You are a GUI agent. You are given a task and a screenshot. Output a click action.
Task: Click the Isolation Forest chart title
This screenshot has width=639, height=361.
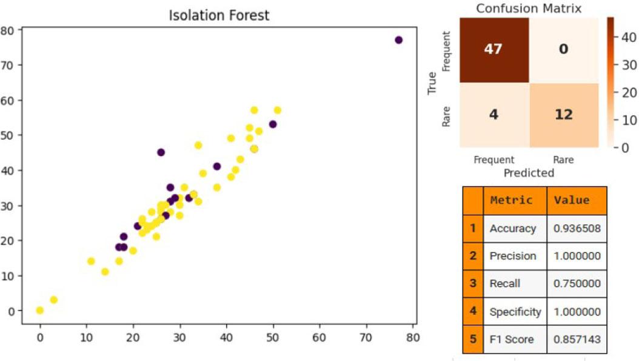click(219, 16)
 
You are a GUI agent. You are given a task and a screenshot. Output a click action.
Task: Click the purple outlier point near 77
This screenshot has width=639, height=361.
click(398, 40)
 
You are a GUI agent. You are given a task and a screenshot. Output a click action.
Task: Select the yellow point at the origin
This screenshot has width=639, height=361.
click(39, 311)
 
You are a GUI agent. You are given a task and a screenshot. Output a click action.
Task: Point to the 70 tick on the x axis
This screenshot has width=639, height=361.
click(366, 337)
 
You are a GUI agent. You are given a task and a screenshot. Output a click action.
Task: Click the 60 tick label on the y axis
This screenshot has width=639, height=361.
click(7, 100)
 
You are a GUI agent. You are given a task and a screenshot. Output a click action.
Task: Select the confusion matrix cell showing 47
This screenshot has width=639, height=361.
click(494, 50)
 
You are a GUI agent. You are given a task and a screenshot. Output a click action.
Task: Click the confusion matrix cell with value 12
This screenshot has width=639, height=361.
click(564, 115)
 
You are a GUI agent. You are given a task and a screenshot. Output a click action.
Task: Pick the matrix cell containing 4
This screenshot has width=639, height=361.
click(494, 115)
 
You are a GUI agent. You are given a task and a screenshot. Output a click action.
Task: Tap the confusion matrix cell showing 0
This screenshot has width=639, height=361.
click(564, 50)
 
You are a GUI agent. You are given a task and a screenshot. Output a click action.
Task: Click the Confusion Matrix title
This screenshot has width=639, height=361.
click(529, 8)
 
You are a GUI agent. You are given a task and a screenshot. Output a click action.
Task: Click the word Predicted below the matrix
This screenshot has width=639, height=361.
click(529, 173)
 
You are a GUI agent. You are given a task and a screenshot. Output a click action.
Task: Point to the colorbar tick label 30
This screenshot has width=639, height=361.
click(629, 65)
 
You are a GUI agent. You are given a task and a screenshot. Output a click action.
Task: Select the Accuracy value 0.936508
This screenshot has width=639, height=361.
click(577, 228)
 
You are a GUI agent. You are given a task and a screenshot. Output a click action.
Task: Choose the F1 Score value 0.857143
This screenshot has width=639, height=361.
click(577, 339)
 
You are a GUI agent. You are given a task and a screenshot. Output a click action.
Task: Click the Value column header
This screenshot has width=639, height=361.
click(577, 200)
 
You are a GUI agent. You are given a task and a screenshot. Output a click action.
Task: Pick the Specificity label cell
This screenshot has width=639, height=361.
click(515, 312)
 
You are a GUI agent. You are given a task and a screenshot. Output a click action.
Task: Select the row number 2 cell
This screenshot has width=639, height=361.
click(473, 256)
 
